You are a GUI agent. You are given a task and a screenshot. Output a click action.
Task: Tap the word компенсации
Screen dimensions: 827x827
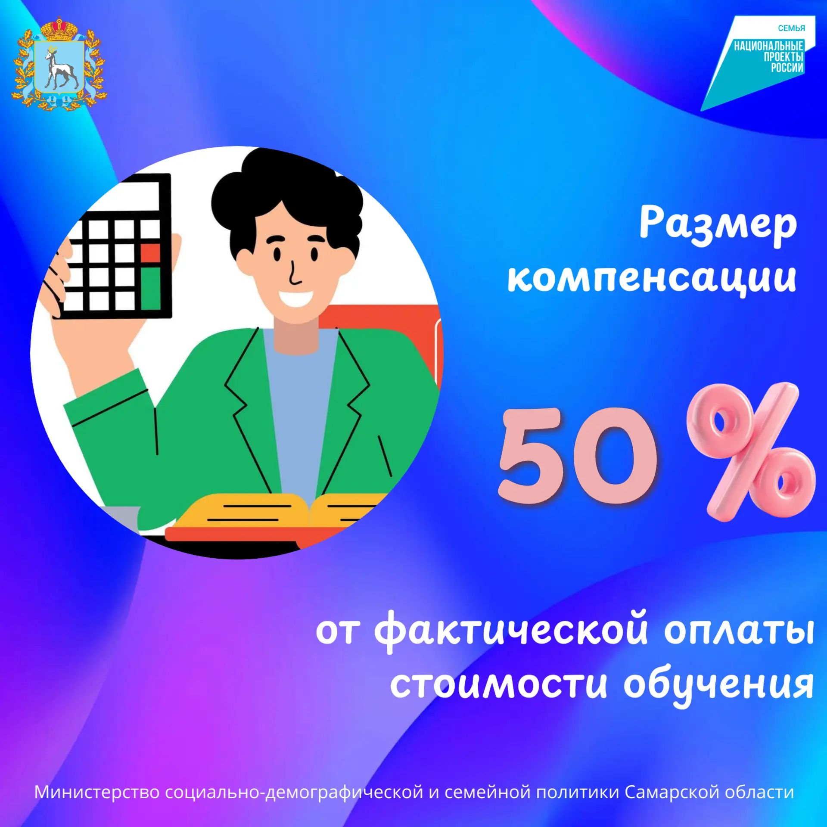652,277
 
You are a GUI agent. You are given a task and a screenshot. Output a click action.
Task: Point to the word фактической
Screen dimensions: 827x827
511,631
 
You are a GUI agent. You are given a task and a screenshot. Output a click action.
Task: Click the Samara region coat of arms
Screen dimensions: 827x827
59,63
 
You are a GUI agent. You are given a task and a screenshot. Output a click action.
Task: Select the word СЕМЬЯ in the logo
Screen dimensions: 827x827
791,28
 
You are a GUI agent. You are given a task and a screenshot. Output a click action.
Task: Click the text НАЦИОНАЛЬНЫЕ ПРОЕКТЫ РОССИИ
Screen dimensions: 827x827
769,56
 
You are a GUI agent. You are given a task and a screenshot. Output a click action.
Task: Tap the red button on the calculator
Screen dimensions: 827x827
150,253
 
